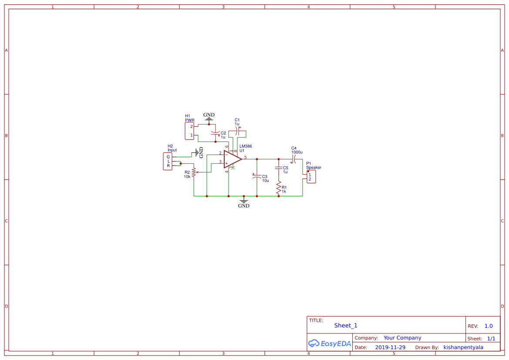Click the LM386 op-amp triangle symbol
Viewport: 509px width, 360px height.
(232, 159)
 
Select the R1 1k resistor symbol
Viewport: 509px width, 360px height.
(278, 188)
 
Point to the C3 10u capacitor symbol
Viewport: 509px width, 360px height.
(256, 176)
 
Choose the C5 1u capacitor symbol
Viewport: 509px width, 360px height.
(278, 168)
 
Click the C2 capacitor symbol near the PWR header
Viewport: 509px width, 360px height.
(215, 132)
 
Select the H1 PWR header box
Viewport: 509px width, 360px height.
(189, 131)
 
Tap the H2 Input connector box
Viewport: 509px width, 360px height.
(168, 161)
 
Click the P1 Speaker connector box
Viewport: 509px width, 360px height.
(311, 177)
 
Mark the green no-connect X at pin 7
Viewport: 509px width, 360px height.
(233, 168)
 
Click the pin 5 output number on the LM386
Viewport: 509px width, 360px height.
(245, 157)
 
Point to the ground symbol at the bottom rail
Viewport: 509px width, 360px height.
(244, 201)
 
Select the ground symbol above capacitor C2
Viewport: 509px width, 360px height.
(209, 118)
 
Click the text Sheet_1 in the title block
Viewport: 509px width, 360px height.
(346, 326)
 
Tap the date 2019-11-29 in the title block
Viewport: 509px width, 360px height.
(390, 347)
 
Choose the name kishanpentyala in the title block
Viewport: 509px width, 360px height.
(463, 347)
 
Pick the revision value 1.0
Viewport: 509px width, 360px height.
(489, 326)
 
